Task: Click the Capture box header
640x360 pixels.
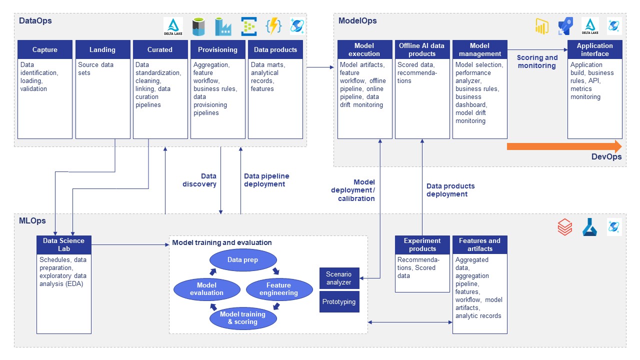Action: pyautogui.click(x=45, y=49)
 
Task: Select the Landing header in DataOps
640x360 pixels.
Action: pyautogui.click(x=102, y=49)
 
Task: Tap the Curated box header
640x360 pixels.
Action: pyautogui.click(x=160, y=49)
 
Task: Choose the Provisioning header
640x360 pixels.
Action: pyautogui.click(x=217, y=49)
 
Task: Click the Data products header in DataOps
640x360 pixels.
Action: pyautogui.click(x=275, y=49)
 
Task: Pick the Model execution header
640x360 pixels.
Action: pyautogui.click(x=364, y=49)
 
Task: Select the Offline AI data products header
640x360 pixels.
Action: pyautogui.click(x=422, y=49)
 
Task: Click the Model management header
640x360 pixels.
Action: pyautogui.click(x=479, y=49)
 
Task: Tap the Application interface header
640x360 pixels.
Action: pyautogui.click(x=594, y=49)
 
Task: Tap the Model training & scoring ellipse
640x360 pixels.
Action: pyautogui.click(x=242, y=318)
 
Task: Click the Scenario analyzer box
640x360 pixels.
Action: pyautogui.click(x=339, y=278)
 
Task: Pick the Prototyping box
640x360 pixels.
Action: pyautogui.click(x=339, y=302)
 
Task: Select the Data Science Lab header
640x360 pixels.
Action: pyautogui.click(x=64, y=244)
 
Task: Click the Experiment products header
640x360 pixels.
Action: pyautogui.click(x=422, y=244)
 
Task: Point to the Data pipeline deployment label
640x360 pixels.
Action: pyautogui.click(x=266, y=180)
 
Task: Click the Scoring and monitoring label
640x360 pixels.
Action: pyautogui.click(x=537, y=61)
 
